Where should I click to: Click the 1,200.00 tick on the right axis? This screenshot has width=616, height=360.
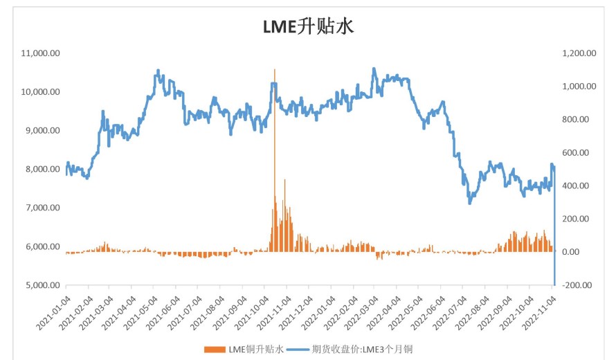tap(579, 53)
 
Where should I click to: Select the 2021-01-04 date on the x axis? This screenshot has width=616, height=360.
tap(54, 307)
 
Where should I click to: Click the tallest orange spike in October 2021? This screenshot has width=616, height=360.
tap(275, 70)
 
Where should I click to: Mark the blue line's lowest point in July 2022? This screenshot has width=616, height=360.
tap(470, 203)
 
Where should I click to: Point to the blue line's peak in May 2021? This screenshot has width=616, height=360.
tap(158, 70)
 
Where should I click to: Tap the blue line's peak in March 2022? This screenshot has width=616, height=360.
tap(374, 69)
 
